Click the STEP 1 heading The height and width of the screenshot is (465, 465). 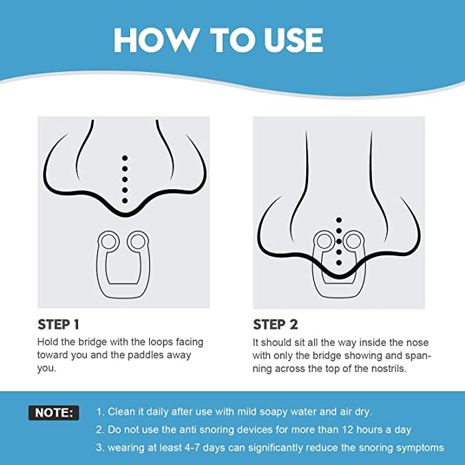point(58,325)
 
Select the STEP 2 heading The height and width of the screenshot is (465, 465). point(275,325)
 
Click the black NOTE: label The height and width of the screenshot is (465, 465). point(54,413)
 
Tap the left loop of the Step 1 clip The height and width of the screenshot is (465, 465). point(108,242)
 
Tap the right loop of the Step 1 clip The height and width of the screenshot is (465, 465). point(138,242)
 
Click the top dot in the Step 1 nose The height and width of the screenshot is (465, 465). point(125,158)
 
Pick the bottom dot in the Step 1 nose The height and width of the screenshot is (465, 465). point(125,201)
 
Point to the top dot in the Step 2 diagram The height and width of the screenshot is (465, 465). point(339,220)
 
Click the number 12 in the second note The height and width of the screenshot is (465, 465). point(348,429)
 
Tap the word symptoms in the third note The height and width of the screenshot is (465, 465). point(420,448)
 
